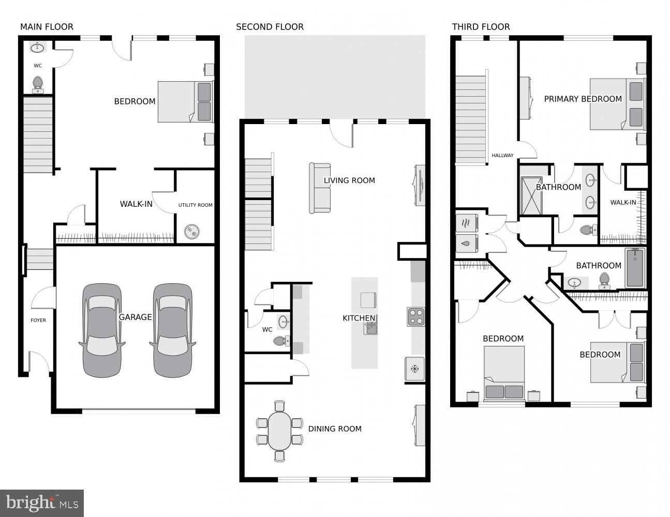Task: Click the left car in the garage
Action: coord(102,330)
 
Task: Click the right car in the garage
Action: coord(172,330)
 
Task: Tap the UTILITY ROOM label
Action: coord(195,205)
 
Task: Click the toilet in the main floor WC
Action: coord(38,84)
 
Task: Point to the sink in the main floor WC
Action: coord(37,48)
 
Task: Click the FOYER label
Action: coord(38,321)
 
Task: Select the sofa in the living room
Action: coord(320,188)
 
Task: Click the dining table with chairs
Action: coord(280,431)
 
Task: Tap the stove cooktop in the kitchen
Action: coord(415,316)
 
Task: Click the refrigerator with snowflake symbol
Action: coord(414,369)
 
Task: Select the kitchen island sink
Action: coord(370,328)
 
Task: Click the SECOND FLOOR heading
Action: coord(270,27)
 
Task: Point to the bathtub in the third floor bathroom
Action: coord(635,268)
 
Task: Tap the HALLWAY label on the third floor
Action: coord(502,156)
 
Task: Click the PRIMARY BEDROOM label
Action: coord(583,99)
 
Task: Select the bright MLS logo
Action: coord(42,503)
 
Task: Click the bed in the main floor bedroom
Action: coord(185,101)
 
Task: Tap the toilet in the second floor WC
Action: coord(280,341)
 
